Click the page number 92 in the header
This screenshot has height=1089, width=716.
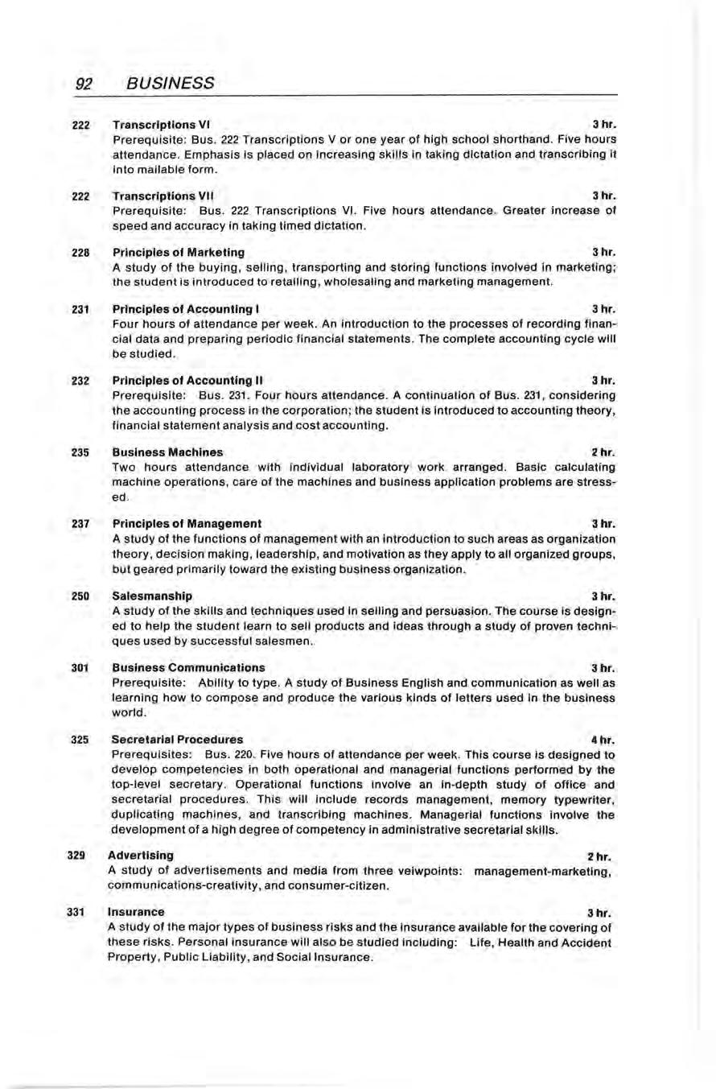pyautogui.click(x=85, y=82)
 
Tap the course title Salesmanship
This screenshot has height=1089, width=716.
pyautogui.click(x=152, y=596)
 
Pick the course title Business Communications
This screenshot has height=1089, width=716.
pyautogui.click(x=188, y=667)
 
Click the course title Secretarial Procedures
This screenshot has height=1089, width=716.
pyautogui.click(x=177, y=738)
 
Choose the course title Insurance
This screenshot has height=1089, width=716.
pyautogui.click(x=137, y=911)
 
